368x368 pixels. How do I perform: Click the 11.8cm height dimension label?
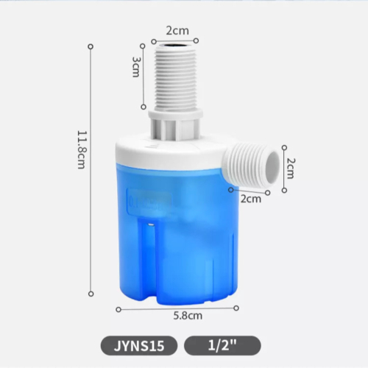point(82,149)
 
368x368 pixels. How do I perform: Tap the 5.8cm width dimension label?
point(188,316)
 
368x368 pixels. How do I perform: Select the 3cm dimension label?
point(135,67)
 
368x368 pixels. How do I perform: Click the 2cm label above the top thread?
point(177,31)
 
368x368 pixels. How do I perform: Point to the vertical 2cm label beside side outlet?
point(291,169)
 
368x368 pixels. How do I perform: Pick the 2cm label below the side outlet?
point(251,199)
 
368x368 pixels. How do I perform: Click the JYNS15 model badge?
point(139,346)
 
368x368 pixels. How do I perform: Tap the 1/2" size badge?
point(222,346)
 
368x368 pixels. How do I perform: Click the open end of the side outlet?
point(272,168)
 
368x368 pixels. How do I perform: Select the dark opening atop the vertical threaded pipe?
point(174,45)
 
